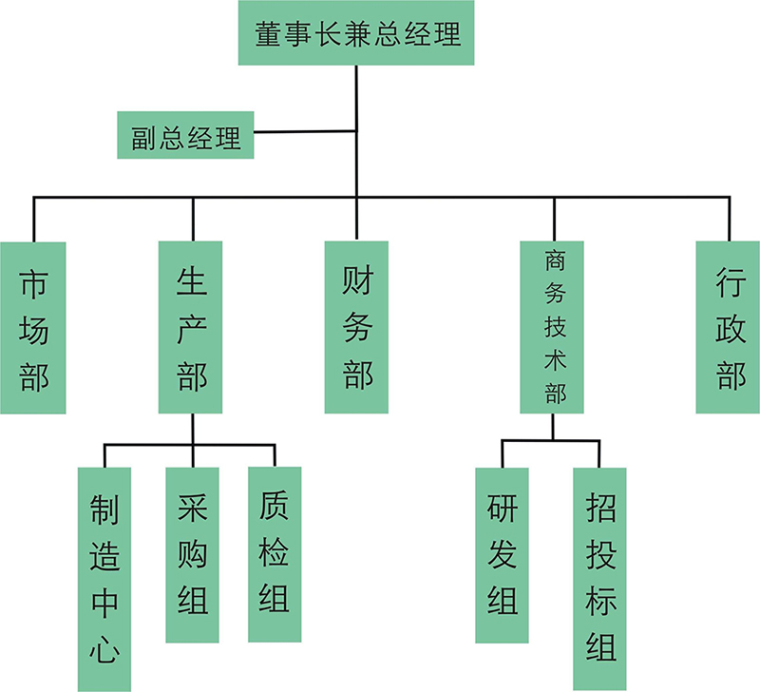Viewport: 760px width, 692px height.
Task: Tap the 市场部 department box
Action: click(x=33, y=327)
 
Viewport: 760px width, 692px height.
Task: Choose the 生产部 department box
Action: click(x=191, y=327)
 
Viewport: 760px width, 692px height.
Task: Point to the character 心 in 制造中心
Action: click(x=105, y=648)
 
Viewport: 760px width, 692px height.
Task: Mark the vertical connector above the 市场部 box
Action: click(x=33, y=220)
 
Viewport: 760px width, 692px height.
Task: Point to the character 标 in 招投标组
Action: click(x=600, y=601)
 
